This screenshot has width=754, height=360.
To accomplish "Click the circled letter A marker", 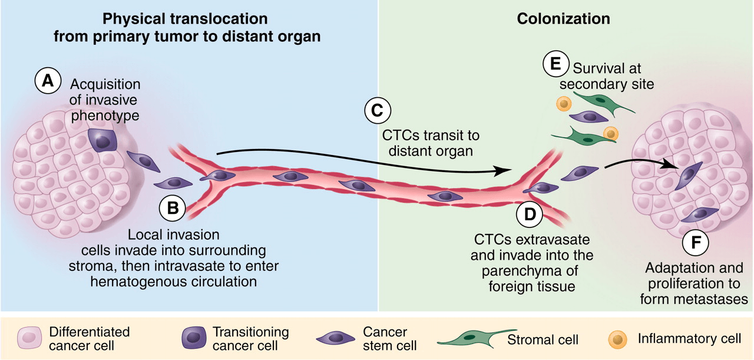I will coord(48,81).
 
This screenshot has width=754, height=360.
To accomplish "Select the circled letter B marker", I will coord(173,208).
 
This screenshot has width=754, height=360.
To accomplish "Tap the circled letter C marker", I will coord(378,111).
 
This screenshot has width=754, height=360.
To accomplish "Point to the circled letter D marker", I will coord(530,214).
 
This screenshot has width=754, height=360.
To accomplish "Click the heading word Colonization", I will coord(563,19).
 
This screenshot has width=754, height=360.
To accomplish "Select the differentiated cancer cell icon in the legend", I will coord(28,339).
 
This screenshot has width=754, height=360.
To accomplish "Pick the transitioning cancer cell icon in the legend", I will coord(194,339).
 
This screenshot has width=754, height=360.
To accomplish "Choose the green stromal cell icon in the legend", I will coord(471,338).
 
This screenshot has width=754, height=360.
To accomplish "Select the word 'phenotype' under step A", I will coord(105,115).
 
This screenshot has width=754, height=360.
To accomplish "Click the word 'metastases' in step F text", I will coord(694,299).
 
